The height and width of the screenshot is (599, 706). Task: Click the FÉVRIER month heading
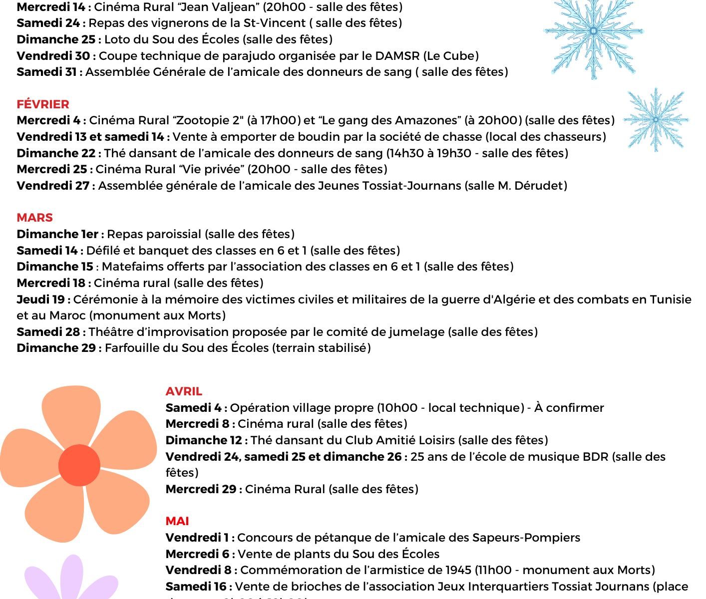click(x=43, y=104)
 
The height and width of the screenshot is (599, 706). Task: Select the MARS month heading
click(x=34, y=218)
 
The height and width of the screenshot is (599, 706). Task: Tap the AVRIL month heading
click(x=184, y=391)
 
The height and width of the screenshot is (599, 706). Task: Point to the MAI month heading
click(x=177, y=521)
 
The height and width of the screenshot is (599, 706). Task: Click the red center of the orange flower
click(x=79, y=465)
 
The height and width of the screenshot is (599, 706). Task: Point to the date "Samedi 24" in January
click(x=48, y=23)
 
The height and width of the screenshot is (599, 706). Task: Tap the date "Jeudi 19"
click(x=41, y=299)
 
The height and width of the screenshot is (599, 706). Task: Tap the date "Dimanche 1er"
click(x=57, y=234)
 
